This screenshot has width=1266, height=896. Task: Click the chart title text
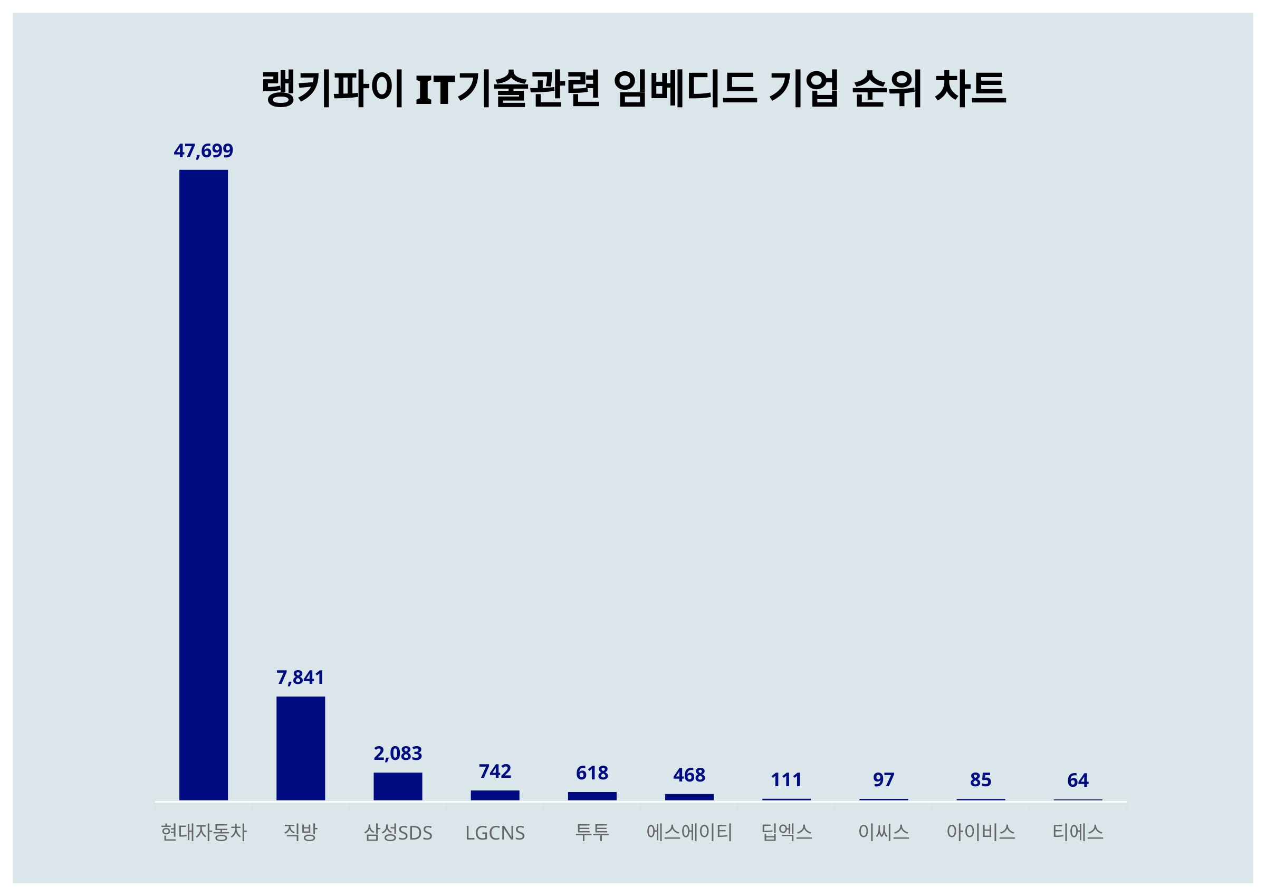pyautogui.click(x=633, y=88)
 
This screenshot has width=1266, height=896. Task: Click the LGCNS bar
pyautogui.click(x=495, y=795)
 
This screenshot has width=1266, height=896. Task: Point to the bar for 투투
pyautogui.click(x=592, y=796)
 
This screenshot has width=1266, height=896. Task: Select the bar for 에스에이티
pyautogui.click(x=689, y=797)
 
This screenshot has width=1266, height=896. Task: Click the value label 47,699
pyautogui.click(x=204, y=150)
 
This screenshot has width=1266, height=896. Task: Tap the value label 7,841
pyautogui.click(x=301, y=677)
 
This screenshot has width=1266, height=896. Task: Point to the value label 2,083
pyautogui.click(x=398, y=753)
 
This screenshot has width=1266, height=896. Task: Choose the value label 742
pyautogui.click(x=495, y=771)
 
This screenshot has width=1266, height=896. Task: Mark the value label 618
pyautogui.click(x=592, y=773)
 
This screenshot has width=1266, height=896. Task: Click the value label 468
pyautogui.click(x=689, y=775)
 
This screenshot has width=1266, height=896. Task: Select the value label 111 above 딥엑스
pyautogui.click(x=786, y=779)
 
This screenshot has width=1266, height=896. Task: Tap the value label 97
pyautogui.click(x=884, y=779)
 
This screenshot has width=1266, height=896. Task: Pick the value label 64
pyautogui.click(x=1078, y=780)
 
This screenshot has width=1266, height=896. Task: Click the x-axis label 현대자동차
pyautogui.click(x=204, y=832)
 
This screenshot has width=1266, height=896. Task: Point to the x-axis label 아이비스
pyautogui.click(x=981, y=832)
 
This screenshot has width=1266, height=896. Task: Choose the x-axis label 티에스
pyautogui.click(x=1078, y=832)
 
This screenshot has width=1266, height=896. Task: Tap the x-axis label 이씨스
pyautogui.click(x=884, y=832)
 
